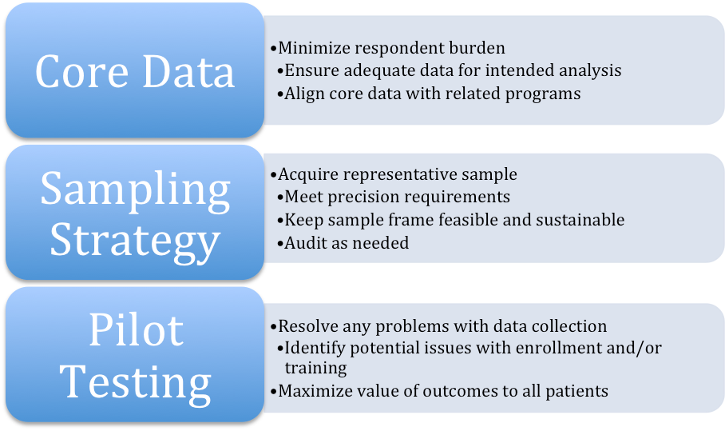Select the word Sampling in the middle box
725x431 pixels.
[135, 190]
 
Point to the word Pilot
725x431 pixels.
[135, 330]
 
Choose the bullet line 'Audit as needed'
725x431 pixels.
[347, 242]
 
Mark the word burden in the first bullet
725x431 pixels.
[477, 48]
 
